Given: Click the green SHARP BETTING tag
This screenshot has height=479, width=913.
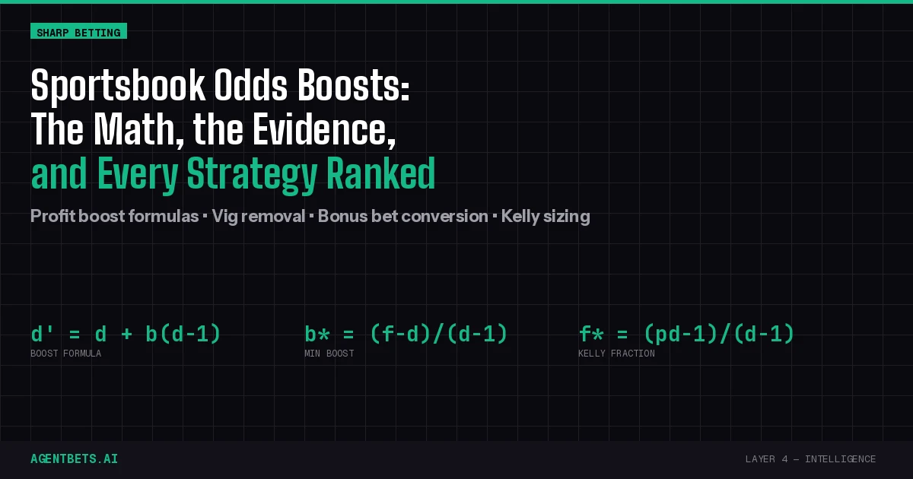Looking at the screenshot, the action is click(78, 31).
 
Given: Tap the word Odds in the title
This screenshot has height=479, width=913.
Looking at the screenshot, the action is click(251, 85).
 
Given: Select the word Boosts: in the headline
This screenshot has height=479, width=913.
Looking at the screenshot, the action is click(354, 85).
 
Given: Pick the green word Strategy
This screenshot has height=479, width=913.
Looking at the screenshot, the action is click(253, 176).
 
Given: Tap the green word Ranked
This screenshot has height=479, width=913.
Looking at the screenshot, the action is click(381, 174).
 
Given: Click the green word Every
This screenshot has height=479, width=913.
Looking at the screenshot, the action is click(138, 176).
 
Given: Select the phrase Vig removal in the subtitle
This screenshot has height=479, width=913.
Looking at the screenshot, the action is click(259, 216).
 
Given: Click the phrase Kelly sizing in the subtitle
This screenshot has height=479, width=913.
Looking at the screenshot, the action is click(546, 216).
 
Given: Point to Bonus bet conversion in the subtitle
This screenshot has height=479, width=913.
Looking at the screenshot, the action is click(402, 216).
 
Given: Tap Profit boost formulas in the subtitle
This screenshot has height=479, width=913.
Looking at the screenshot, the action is click(115, 216).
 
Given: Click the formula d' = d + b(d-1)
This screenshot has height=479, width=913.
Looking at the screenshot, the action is click(126, 334).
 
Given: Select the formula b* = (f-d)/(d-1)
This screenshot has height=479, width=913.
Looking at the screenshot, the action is click(406, 334).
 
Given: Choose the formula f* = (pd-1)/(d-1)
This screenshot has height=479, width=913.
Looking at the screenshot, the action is click(686, 334).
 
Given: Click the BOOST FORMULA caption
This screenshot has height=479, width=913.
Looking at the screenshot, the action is click(66, 354).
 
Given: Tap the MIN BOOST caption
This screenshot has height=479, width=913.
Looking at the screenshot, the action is click(329, 354).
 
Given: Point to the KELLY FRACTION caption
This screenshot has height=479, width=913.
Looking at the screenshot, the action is click(617, 354).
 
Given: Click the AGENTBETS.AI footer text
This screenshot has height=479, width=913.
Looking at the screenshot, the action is click(75, 459).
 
